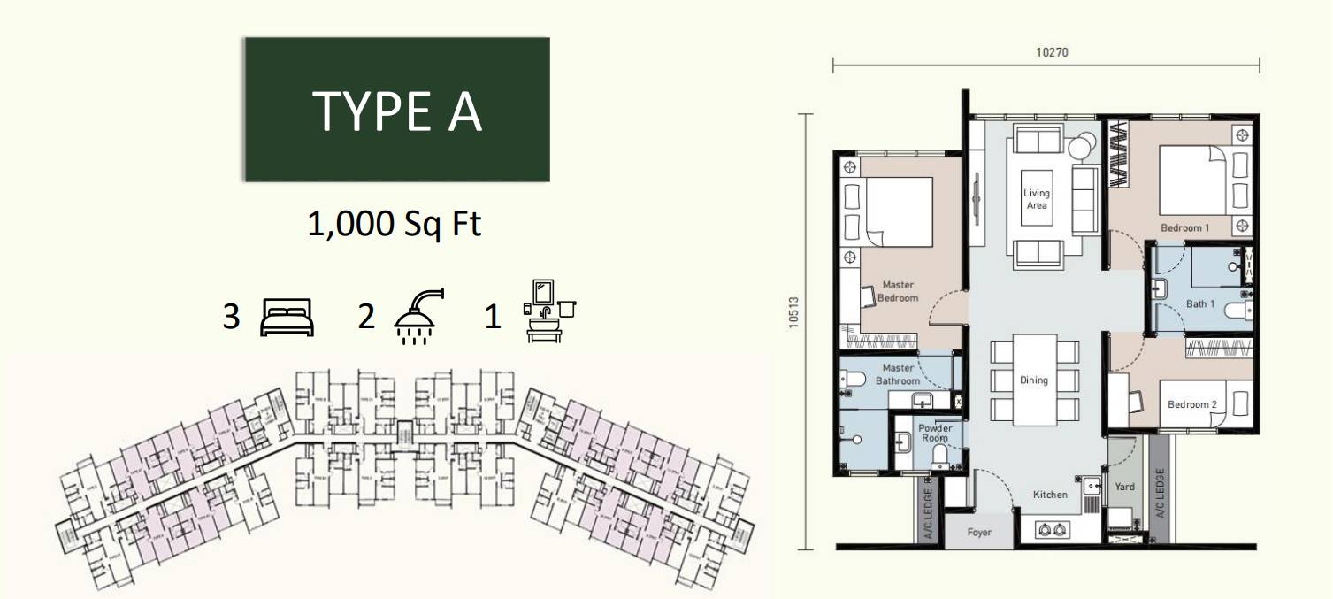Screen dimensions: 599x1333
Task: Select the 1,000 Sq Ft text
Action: point(394,224)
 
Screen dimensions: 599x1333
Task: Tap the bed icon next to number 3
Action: point(287,317)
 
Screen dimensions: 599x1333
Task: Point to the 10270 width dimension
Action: point(1053,51)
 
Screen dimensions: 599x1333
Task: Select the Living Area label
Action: point(1037,199)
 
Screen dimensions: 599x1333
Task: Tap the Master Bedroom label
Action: point(898,291)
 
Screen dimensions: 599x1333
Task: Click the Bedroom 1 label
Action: point(1185,228)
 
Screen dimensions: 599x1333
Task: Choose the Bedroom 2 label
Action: point(1191,404)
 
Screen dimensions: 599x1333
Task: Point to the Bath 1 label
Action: point(1200,304)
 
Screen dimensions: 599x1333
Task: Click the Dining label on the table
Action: point(1033,380)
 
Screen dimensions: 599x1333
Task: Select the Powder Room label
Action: point(935,433)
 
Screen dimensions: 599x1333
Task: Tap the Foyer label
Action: point(978,533)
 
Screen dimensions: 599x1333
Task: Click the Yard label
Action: point(1124,487)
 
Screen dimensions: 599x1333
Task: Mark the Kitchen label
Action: point(1051,495)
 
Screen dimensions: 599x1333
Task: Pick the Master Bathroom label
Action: point(898,374)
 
